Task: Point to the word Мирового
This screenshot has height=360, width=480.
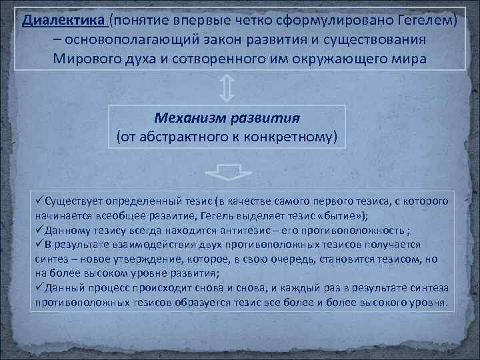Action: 89,57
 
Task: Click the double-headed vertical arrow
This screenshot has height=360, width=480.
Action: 226,87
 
